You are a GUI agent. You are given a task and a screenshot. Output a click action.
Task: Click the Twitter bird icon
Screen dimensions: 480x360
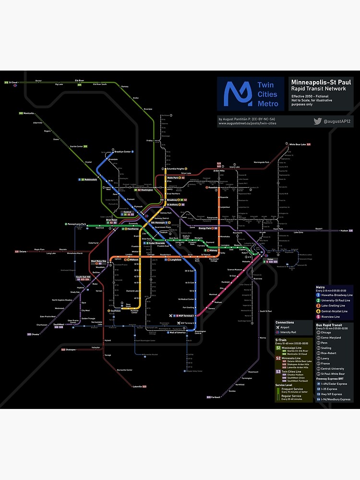[317, 121]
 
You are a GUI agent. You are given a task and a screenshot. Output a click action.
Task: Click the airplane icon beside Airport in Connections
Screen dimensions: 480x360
[278, 327]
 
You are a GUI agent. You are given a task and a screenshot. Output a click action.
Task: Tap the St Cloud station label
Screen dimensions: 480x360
[13, 83]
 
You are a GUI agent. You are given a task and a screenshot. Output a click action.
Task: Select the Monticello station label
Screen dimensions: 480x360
[28, 113]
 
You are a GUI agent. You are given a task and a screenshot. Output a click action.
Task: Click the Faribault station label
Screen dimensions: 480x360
[215, 397]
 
